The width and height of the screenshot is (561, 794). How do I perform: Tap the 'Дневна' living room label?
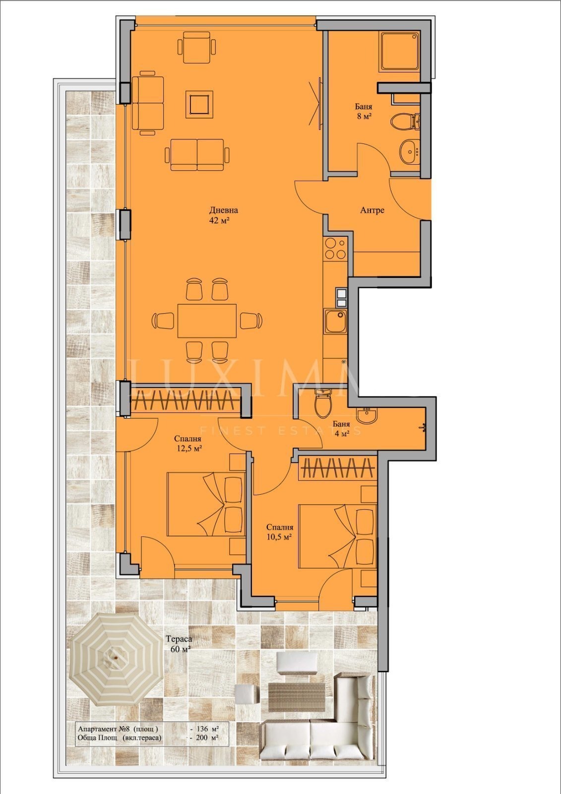(x=224, y=210)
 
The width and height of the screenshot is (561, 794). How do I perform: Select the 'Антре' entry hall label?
(x=372, y=210)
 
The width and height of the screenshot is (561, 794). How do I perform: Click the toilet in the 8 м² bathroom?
(x=405, y=121)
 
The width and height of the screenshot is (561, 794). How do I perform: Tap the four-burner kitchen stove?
(x=335, y=249)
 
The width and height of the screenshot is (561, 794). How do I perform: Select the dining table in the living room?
(x=207, y=321)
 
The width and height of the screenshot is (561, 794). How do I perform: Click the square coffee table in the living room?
(x=199, y=105)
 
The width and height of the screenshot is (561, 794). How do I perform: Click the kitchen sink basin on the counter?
(x=335, y=322)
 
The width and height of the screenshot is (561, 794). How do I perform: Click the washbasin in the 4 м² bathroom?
(x=367, y=415)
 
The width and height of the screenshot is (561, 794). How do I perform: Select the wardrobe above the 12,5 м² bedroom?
(x=185, y=400)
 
